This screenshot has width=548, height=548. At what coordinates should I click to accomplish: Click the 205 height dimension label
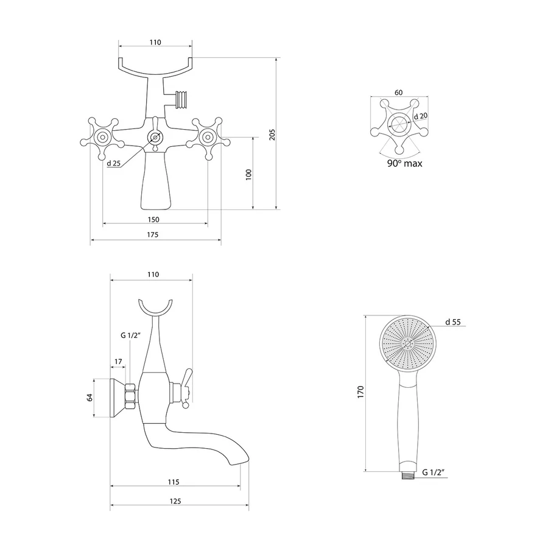coord(272,135)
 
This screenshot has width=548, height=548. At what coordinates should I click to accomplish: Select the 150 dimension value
coord(153,219)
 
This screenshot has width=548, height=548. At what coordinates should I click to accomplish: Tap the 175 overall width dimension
coord(152,234)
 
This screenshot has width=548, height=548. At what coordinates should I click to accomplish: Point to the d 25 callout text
coord(114,163)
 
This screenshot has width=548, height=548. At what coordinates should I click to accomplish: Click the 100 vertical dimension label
coord(248,174)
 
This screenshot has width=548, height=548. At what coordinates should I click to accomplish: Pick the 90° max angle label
coord(405,163)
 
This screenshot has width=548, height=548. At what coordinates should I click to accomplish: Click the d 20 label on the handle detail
coord(421,116)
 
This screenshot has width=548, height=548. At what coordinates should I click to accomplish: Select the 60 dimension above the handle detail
coord(398,93)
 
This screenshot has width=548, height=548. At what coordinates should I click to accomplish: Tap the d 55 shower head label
coord(453,322)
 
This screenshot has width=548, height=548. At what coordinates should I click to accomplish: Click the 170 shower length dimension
coord(360,392)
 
